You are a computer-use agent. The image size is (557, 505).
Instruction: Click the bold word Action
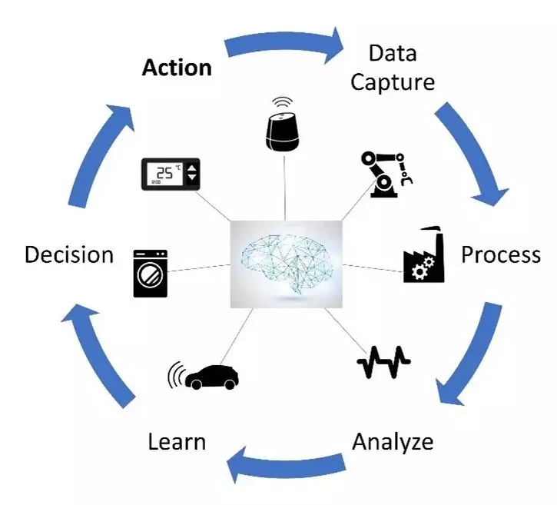click(176, 68)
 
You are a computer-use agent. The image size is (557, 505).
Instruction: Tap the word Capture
click(392, 81)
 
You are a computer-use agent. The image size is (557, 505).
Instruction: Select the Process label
click(500, 254)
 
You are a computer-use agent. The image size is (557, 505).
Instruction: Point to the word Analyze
click(392, 442)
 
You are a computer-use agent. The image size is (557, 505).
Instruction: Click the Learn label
click(177, 442)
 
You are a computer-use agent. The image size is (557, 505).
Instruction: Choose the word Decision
click(69, 254)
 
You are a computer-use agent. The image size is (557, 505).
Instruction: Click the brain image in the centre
click(286, 264)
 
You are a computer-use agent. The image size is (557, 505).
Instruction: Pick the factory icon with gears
click(424, 256)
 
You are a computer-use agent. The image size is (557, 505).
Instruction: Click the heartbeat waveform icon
click(384, 364)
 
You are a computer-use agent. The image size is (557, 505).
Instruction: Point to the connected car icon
click(205, 376)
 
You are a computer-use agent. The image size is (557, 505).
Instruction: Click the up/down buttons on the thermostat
click(192, 174)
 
